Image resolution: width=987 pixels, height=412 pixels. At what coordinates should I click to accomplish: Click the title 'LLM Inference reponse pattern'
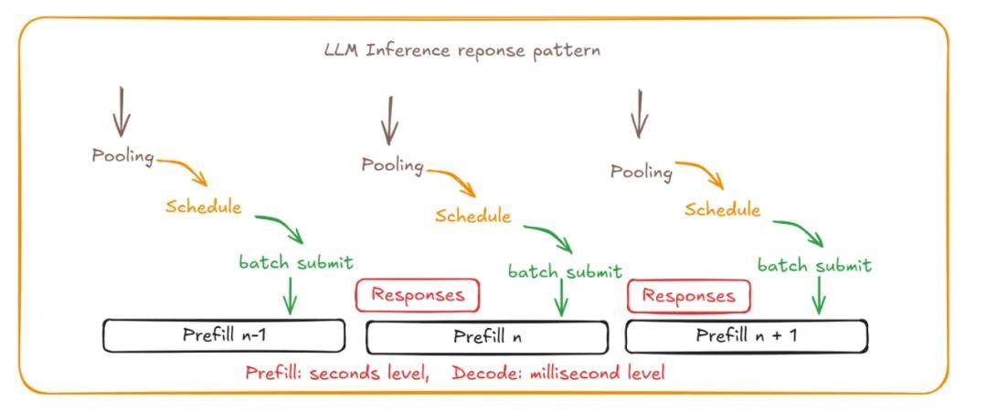coord(462,50)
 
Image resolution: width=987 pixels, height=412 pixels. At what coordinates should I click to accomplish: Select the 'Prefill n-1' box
coord(224,335)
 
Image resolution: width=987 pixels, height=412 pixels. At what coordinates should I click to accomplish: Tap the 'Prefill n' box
coord(487,337)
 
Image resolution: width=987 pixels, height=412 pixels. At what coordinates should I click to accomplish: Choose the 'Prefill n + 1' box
coord(746,335)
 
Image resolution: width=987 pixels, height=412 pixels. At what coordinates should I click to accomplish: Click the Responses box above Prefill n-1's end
coord(417,295)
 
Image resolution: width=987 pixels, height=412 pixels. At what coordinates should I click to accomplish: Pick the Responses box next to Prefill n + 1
coord(688,296)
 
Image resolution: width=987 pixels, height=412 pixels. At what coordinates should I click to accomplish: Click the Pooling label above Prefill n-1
coord(122,156)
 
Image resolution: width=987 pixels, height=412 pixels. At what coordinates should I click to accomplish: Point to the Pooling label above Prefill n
coord(392,165)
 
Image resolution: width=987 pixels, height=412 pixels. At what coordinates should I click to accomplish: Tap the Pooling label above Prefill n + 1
coord(641,171)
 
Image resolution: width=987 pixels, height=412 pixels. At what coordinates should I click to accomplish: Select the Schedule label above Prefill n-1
coord(203,206)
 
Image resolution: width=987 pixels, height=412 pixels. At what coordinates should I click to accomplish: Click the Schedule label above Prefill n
coord(472,217)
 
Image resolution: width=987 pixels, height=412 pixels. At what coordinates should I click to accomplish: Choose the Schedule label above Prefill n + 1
coord(722,210)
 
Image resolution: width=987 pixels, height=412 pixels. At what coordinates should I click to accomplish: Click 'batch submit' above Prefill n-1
coord(296,263)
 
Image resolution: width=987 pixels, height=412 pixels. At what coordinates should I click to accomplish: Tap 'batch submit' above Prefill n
coord(565,272)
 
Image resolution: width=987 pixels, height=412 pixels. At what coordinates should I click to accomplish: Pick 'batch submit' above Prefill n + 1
coord(814,266)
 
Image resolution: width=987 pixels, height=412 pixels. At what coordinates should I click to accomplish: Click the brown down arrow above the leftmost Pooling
coord(122,111)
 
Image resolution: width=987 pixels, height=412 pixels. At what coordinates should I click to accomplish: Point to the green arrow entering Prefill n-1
coord(291,294)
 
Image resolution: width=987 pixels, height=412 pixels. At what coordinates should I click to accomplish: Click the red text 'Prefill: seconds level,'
coord(336,373)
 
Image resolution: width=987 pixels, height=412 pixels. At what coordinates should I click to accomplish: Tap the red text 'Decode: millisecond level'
coord(558,373)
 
